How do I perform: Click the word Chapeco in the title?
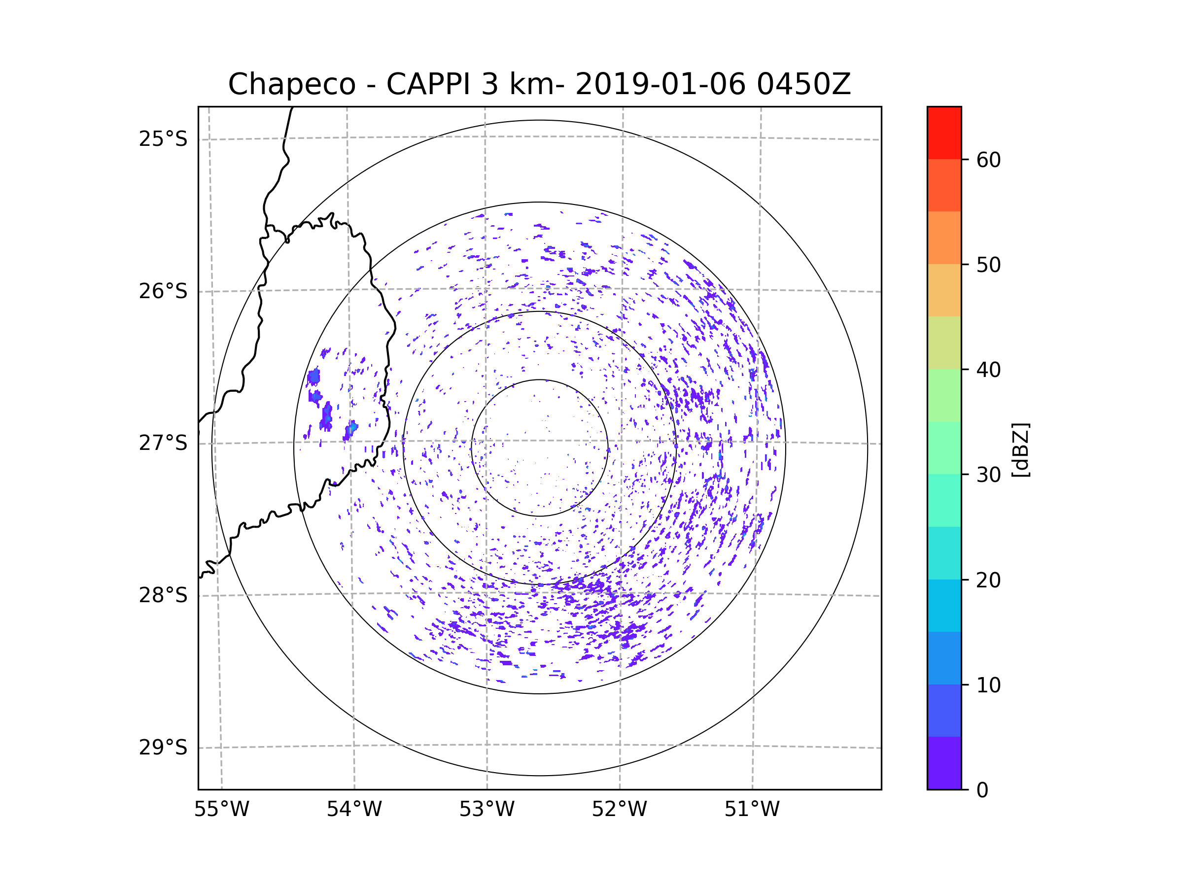291,84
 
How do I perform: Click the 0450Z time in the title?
803,84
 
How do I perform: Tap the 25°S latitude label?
163,139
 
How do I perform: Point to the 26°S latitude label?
163,291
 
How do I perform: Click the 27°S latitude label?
163,443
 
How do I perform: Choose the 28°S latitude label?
163,595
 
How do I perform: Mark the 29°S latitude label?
163,748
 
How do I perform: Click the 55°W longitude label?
221,810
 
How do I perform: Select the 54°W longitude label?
354,810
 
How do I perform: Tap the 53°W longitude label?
487,810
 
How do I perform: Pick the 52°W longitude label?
619,810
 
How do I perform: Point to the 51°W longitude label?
752,810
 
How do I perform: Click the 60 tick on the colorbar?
988,160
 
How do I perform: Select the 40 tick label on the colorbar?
988,370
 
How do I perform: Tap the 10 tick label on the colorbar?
988,685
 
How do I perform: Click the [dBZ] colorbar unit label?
1020,449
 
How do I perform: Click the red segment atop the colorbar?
944,133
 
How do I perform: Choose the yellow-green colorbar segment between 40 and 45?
944,342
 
